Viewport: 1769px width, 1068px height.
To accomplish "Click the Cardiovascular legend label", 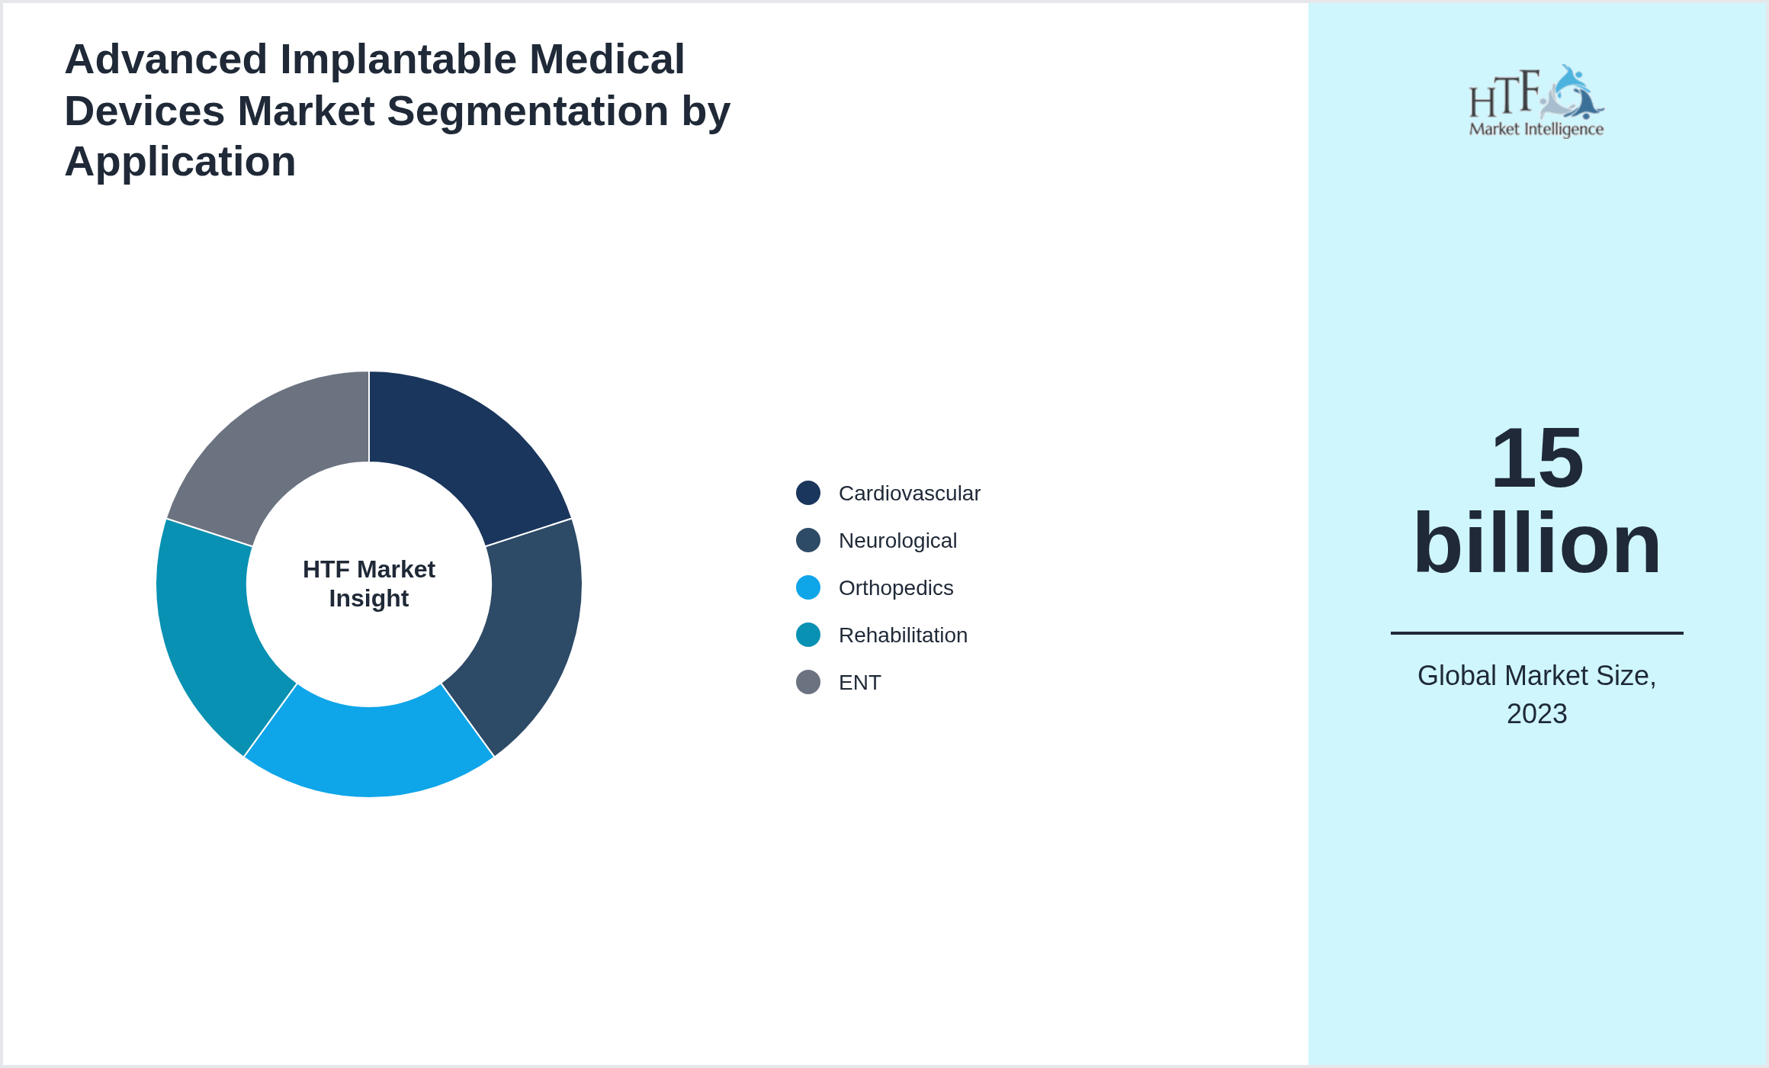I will tap(909, 494).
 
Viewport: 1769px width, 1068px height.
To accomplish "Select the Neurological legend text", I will tap(897, 541).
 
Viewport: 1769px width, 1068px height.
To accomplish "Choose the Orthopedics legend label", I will tap(896, 588).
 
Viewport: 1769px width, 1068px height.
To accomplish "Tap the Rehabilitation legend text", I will tap(903, 635).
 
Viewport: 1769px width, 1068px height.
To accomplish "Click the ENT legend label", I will tap(859, 683).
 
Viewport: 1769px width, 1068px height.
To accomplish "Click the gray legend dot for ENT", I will tap(808, 682).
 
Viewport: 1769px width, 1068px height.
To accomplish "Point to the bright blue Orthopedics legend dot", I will tap(808, 587).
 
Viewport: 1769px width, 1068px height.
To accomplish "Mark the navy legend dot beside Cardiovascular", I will tap(808, 493).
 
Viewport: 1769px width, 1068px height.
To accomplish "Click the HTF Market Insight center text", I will tap(369, 584).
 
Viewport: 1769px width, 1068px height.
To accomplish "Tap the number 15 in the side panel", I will tap(1536, 458).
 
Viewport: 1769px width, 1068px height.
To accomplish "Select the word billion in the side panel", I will tap(1536, 544).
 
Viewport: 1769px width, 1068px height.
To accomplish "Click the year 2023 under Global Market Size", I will tap(1536, 714).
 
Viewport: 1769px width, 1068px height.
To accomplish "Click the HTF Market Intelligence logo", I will tap(1536, 101).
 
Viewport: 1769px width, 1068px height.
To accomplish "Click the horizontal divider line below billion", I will tap(1536, 632).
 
